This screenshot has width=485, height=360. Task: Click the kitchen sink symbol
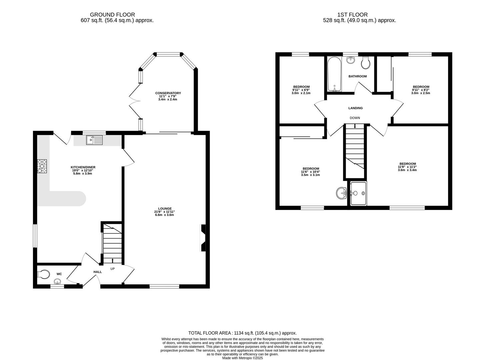tap(95, 140)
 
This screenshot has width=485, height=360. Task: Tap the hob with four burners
tap(42, 166)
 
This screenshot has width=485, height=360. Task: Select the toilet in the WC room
tap(43, 274)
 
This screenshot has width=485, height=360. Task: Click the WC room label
tap(59, 274)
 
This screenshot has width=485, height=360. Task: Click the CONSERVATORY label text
tap(168, 93)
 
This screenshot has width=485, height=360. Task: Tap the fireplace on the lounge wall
tap(203, 238)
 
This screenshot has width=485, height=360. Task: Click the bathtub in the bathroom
tap(334, 74)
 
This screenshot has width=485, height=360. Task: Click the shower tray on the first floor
tap(358, 193)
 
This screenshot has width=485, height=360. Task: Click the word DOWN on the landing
tap(355, 118)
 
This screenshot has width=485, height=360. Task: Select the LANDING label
tap(355, 108)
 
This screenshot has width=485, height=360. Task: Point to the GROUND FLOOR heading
tap(112, 15)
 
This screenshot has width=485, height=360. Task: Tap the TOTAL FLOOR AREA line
tap(242, 333)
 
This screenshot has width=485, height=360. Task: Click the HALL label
tap(97, 272)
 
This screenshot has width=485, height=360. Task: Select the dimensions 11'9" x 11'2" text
tap(407, 167)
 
